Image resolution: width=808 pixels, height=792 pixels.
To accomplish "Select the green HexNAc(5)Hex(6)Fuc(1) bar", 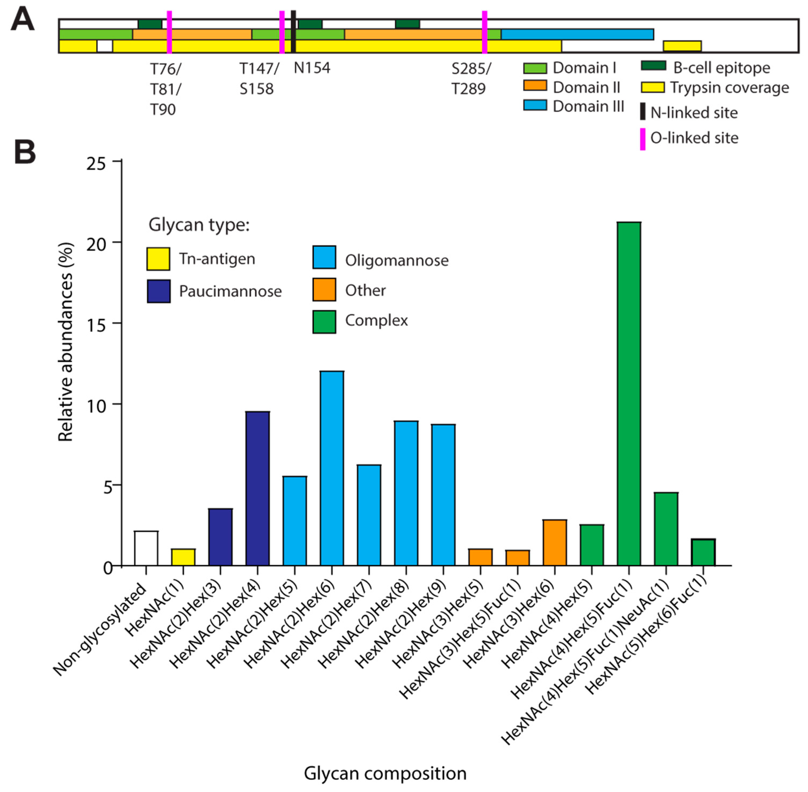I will tap(703, 552).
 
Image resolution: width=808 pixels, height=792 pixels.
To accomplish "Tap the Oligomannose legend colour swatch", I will tap(324, 257).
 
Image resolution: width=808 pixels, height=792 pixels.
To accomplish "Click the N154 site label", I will tap(312, 68).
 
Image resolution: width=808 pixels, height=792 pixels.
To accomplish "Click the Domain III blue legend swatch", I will tap(535, 105).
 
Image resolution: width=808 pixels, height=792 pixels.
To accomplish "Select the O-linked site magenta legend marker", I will tap(642, 139).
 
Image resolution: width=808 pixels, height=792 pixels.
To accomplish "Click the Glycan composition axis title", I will tap(385, 773).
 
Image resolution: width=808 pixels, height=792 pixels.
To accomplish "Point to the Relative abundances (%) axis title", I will tap(66, 342).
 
